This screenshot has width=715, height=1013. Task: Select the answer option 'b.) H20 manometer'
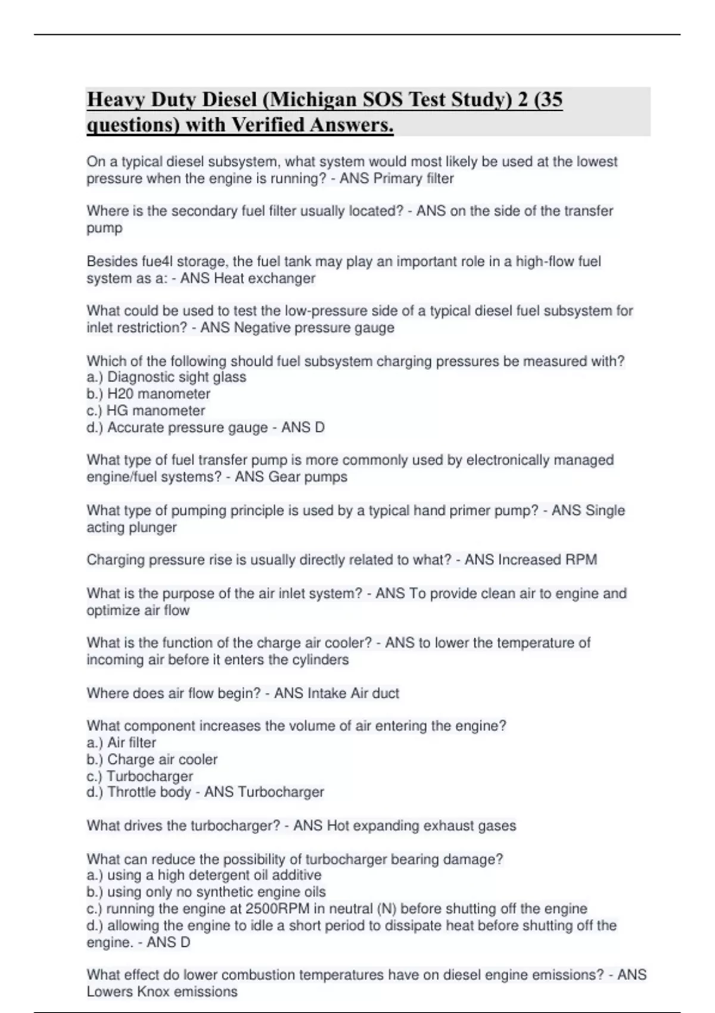[x=148, y=394]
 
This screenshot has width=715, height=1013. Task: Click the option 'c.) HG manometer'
[x=146, y=411]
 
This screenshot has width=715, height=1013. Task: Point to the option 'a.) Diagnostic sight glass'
[x=166, y=377]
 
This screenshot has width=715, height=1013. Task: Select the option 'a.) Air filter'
[x=122, y=743]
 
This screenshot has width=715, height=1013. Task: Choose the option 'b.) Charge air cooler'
[x=152, y=760]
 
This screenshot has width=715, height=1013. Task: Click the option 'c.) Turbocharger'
[x=140, y=776]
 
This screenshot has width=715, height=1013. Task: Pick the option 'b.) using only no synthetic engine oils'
[x=206, y=892]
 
